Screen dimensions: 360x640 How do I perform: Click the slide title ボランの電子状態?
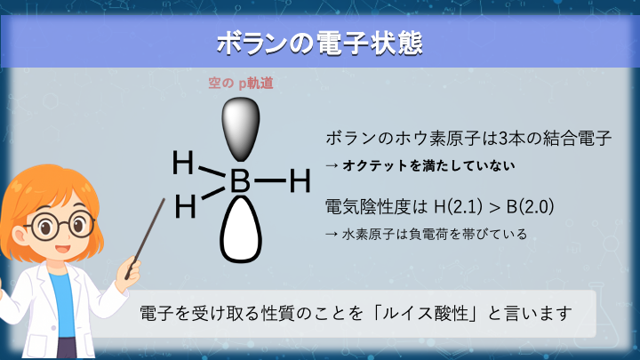319,44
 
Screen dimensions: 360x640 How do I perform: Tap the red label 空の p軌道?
239,84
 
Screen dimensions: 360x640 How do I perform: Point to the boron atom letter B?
239,182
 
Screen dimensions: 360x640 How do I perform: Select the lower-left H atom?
185,207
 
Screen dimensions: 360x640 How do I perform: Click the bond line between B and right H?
270,182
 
